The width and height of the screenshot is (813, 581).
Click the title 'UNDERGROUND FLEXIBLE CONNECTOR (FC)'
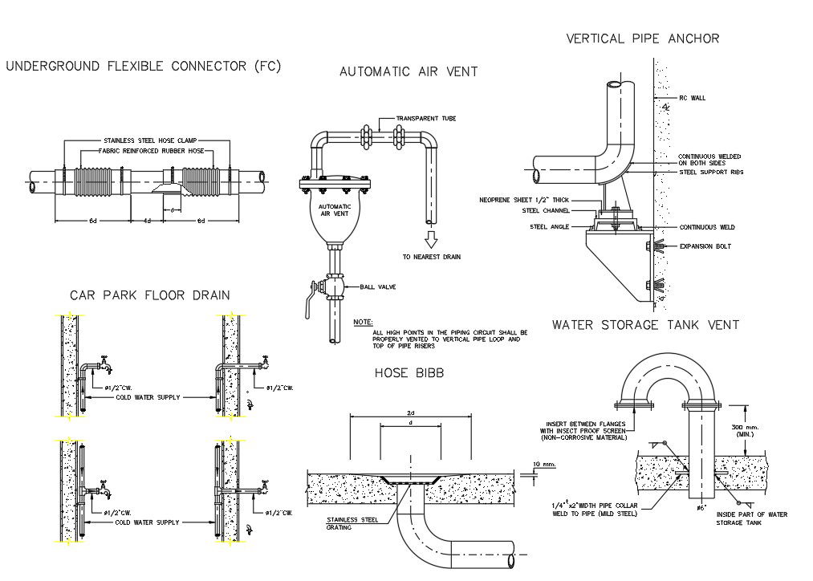(x=144, y=67)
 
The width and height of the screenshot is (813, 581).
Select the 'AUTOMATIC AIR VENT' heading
(x=409, y=71)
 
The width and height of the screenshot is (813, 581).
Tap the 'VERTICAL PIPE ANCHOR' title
(x=642, y=39)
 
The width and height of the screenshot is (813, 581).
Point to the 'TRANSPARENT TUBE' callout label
(x=437, y=118)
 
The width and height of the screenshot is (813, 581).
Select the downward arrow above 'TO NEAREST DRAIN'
(x=432, y=239)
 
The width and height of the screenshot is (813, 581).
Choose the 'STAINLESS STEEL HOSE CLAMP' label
(x=150, y=140)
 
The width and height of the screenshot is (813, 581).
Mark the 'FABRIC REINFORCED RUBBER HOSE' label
(x=151, y=151)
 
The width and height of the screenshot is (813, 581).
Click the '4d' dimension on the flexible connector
(x=147, y=221)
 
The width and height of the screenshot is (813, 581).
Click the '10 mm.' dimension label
(x=543, y=465)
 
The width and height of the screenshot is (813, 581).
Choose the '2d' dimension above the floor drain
(x=410, y=412)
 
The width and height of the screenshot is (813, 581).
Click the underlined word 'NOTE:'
(x=363, y=323)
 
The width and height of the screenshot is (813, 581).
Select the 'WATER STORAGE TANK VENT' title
(x=645, y=325)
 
